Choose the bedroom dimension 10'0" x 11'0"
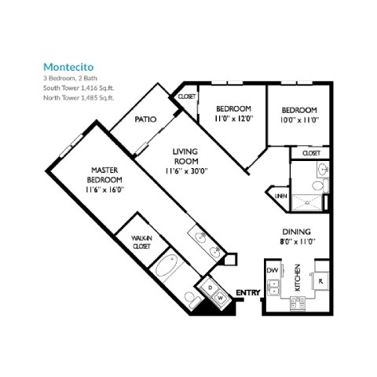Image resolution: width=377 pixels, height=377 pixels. click(298, 119)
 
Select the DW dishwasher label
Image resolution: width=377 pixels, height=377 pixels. click(273, 271)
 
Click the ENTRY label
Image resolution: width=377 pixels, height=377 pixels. click(247, 293)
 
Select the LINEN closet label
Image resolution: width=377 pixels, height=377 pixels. click(278, 196)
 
